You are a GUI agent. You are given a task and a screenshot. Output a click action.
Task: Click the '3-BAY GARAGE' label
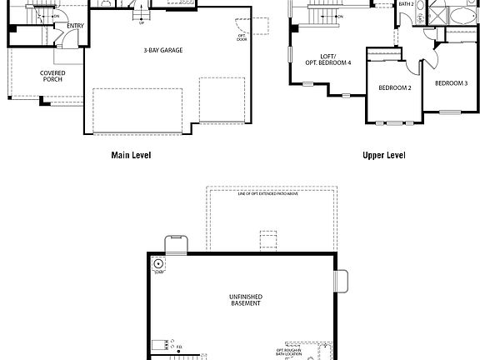click(162, 50)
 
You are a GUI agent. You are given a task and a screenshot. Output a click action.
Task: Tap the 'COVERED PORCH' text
click(52, 77)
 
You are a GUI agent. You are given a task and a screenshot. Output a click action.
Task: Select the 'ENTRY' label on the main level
click(75, 26)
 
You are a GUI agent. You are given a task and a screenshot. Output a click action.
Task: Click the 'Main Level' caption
click(131, 155)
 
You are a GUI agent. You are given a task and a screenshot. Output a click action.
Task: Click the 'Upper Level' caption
click(383, 155)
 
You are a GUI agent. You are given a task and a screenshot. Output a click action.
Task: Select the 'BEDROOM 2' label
click(395, 88)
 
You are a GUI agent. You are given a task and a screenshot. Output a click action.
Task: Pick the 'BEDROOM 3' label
click(451, 83)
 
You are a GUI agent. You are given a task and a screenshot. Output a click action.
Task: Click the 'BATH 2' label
click(406, 4)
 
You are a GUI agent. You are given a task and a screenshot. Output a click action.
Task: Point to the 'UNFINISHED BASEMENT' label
click(245, 300)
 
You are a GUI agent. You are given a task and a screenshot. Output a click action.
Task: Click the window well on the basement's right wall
click(340, 281)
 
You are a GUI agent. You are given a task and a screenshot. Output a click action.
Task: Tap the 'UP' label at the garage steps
click(142, 22)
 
